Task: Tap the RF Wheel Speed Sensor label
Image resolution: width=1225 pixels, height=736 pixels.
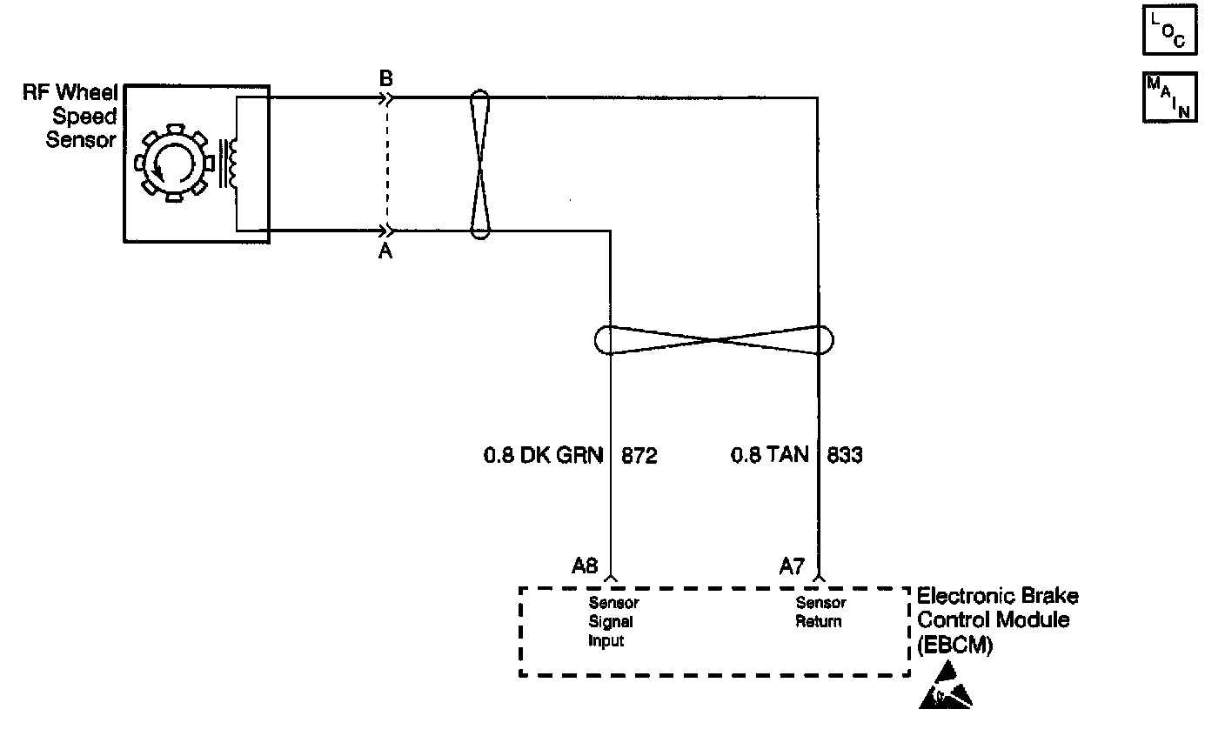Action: click(x=70, y=116)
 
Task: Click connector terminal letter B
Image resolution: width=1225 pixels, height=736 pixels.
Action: click(x=386, y=79)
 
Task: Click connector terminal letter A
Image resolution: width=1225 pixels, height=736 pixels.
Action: click(x=385, y=251)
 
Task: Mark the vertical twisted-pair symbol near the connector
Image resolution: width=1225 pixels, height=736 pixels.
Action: click(x=480, y=164)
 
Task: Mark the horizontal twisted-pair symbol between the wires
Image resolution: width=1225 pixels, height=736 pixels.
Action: click(x=713, y=340)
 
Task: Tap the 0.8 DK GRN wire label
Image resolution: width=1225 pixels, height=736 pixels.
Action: click(x=543, y=455)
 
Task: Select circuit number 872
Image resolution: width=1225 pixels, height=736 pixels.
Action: click(x=639, y=456)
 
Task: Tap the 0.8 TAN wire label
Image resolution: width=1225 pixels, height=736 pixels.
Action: click(x=769, y=454)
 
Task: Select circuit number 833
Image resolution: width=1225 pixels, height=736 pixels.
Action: click(x=845, y=455)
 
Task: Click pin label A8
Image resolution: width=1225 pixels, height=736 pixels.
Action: click(x=585, y=565)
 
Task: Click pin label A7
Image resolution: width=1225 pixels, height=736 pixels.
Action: click(x=792, y=566)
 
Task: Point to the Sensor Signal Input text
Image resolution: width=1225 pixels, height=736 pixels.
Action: click(x=613, y=622)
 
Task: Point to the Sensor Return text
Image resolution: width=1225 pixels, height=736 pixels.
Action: click(x=820, y=612)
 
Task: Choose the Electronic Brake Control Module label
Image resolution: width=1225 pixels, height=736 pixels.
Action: click(x=998, y=620)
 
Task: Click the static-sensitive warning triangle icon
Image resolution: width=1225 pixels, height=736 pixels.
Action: click(x=945, y=686)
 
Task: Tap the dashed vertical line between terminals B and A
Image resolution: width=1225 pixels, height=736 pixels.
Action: click(x=387, y=164)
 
